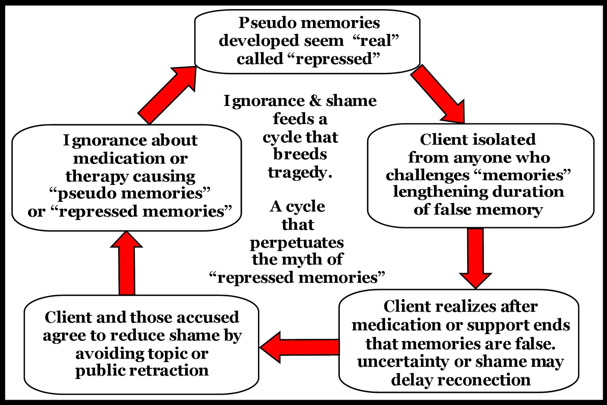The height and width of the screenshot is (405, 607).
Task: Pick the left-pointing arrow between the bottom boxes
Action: click(300, 347)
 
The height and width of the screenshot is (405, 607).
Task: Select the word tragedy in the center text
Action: click(300, 173)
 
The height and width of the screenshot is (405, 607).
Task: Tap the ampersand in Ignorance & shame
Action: click(315, 101)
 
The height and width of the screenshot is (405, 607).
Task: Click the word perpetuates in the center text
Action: click(297, 243)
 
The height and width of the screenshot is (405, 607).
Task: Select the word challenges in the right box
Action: click(428, 175)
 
